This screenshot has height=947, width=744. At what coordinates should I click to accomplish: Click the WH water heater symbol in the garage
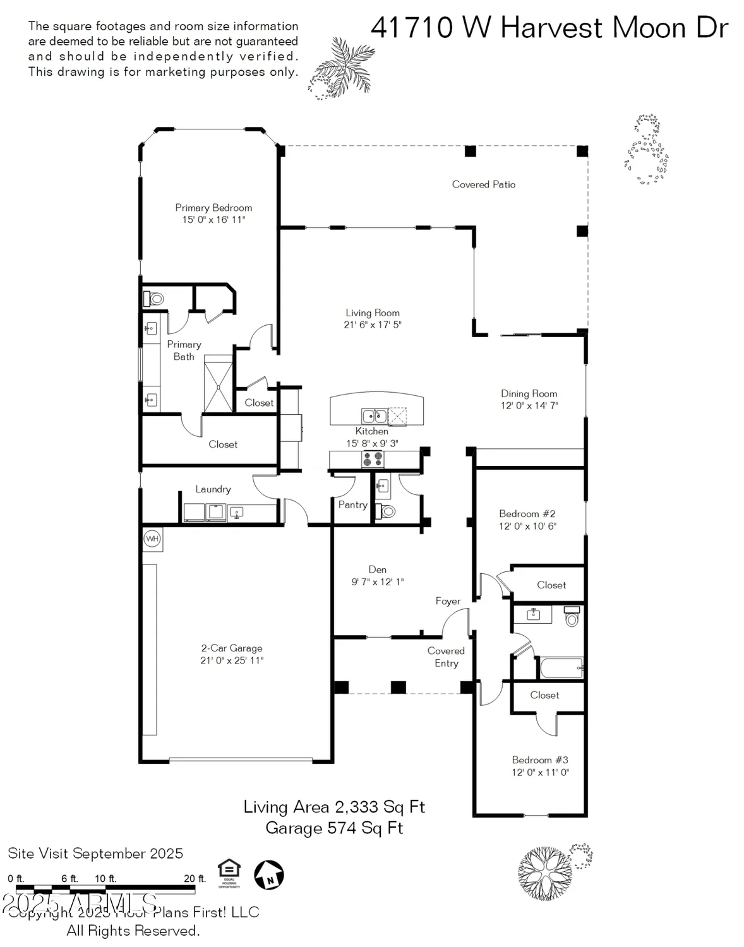(x=152, y=539)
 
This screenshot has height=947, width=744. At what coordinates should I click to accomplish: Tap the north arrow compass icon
(x=269, y=875)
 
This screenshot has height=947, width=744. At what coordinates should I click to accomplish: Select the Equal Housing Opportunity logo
(x=229, y=873)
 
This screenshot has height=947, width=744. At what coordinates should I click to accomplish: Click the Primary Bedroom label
(x=213, y=208)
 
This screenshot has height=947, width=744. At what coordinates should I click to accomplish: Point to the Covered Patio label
(x=483, y=184)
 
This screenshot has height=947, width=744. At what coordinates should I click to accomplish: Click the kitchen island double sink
(x=374, y=415)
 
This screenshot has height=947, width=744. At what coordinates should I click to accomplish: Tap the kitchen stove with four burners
(x=372, y=459)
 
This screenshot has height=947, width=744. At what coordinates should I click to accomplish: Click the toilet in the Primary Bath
(x=153, y=298)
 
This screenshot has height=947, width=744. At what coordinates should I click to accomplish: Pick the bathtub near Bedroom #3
(x=560, y=667)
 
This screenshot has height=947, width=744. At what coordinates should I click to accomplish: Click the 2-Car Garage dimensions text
(x=232, y=660)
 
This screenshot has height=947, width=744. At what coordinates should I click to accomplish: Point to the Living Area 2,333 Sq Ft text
(x=334, y=807)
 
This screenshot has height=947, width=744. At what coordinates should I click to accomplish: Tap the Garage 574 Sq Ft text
(x=334, y=828)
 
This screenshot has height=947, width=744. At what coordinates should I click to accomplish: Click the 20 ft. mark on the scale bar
(x=195, y=878)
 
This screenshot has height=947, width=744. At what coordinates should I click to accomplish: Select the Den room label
(x=377, y=569)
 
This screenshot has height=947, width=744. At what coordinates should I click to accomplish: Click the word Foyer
(x=448, y=601)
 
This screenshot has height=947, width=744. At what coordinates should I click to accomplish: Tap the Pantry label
(x=352, y=504)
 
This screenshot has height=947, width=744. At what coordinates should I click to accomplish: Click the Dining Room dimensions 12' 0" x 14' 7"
(x=529, y=405)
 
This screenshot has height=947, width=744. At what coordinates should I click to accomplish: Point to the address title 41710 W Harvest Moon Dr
(x=549, y=28)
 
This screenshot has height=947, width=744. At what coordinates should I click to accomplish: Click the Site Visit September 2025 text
(x=95, y=854)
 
